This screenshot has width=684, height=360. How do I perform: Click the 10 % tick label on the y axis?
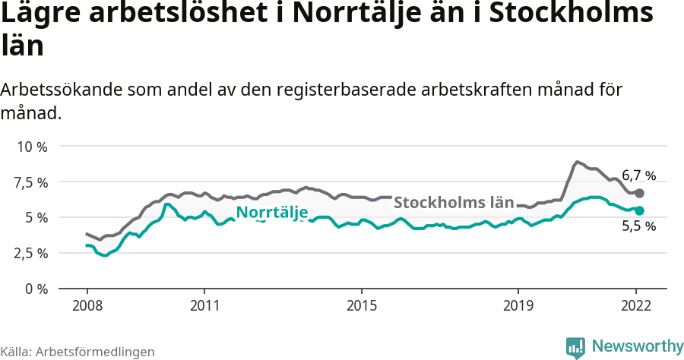click(x=31, y=147)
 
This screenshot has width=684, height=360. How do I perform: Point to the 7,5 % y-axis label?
click(x=31, y=182)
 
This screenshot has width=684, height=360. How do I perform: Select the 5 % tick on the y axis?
click(x=37, y=218)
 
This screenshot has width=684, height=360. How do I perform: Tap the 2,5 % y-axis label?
click(x=31, y=253)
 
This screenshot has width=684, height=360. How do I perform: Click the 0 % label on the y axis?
click(x=37, y=289)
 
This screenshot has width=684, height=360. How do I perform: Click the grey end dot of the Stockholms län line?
click(x=639, y=193)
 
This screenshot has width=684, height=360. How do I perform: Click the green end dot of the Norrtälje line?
click(x=639, y=210)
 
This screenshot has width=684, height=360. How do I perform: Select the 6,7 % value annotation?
click(x=638, y=175)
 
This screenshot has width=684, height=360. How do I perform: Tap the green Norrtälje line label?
click(x=271, y=213)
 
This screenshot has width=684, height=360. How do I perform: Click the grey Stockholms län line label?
click(x=454, y=203)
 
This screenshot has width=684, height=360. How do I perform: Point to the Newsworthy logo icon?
click(x=576, y=347)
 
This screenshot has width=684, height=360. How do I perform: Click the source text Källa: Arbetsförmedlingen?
click(x=78, y=352)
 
